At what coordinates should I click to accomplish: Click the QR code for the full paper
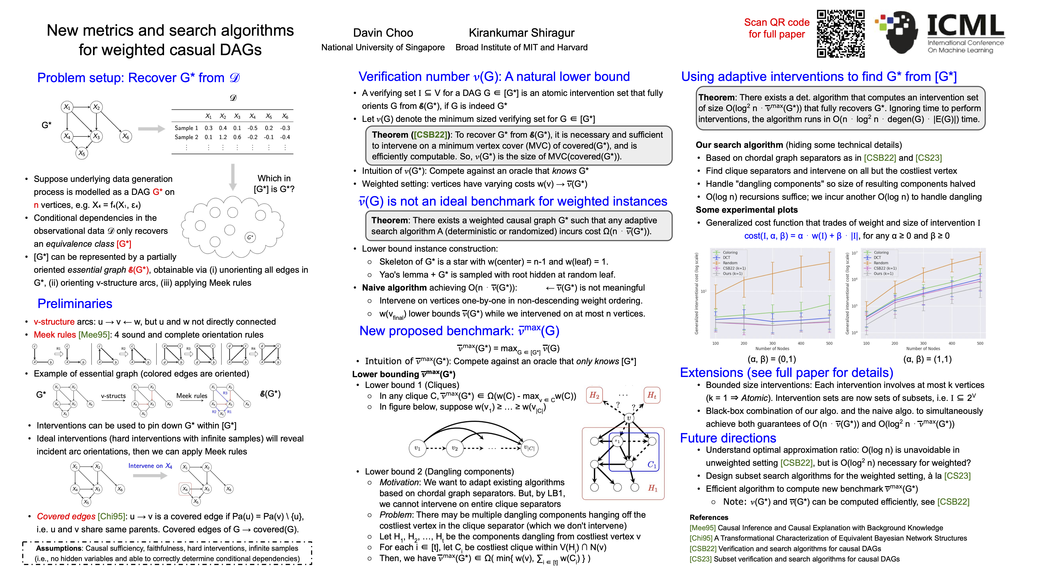[x=841, y=34]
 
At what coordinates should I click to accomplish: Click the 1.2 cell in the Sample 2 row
[x=223, y=137]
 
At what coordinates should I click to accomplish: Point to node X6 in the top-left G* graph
[x=126, y=137]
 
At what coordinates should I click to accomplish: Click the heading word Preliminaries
[x=75, y=304]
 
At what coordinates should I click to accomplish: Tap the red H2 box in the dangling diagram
[x=594, y=395]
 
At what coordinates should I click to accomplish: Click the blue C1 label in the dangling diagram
[x=652, y=465]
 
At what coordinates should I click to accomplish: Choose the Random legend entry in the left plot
[x=730, y=263]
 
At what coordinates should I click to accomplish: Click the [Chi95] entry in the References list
[x=701, y=538]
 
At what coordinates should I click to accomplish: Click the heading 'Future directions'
[x=728, y=438]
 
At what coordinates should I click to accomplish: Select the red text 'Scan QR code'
[x=776, y=23]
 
